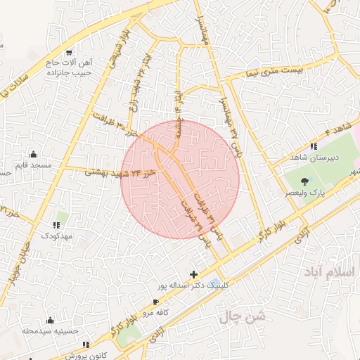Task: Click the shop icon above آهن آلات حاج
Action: point(70,53)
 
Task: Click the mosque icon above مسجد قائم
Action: point(33,154)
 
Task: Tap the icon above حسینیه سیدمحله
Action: point(49,321)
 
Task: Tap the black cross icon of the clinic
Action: point(193,273)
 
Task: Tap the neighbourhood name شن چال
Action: point(243,318)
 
